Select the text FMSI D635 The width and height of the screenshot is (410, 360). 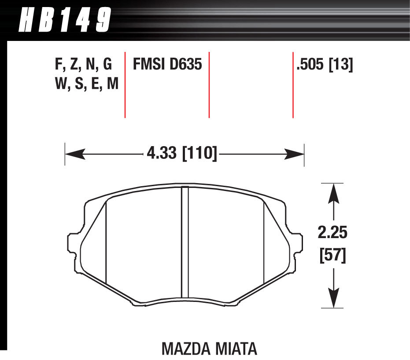point(167,65)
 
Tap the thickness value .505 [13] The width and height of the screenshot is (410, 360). point(325,65)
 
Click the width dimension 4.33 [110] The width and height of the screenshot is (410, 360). point(181,154)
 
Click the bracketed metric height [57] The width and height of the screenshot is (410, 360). point(333,255)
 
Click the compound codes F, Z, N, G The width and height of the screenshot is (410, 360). point(83,65)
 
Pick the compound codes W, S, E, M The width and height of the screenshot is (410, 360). point(87,83)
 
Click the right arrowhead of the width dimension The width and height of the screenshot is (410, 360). point(295,154)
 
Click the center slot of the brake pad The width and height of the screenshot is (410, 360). point(185,244)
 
